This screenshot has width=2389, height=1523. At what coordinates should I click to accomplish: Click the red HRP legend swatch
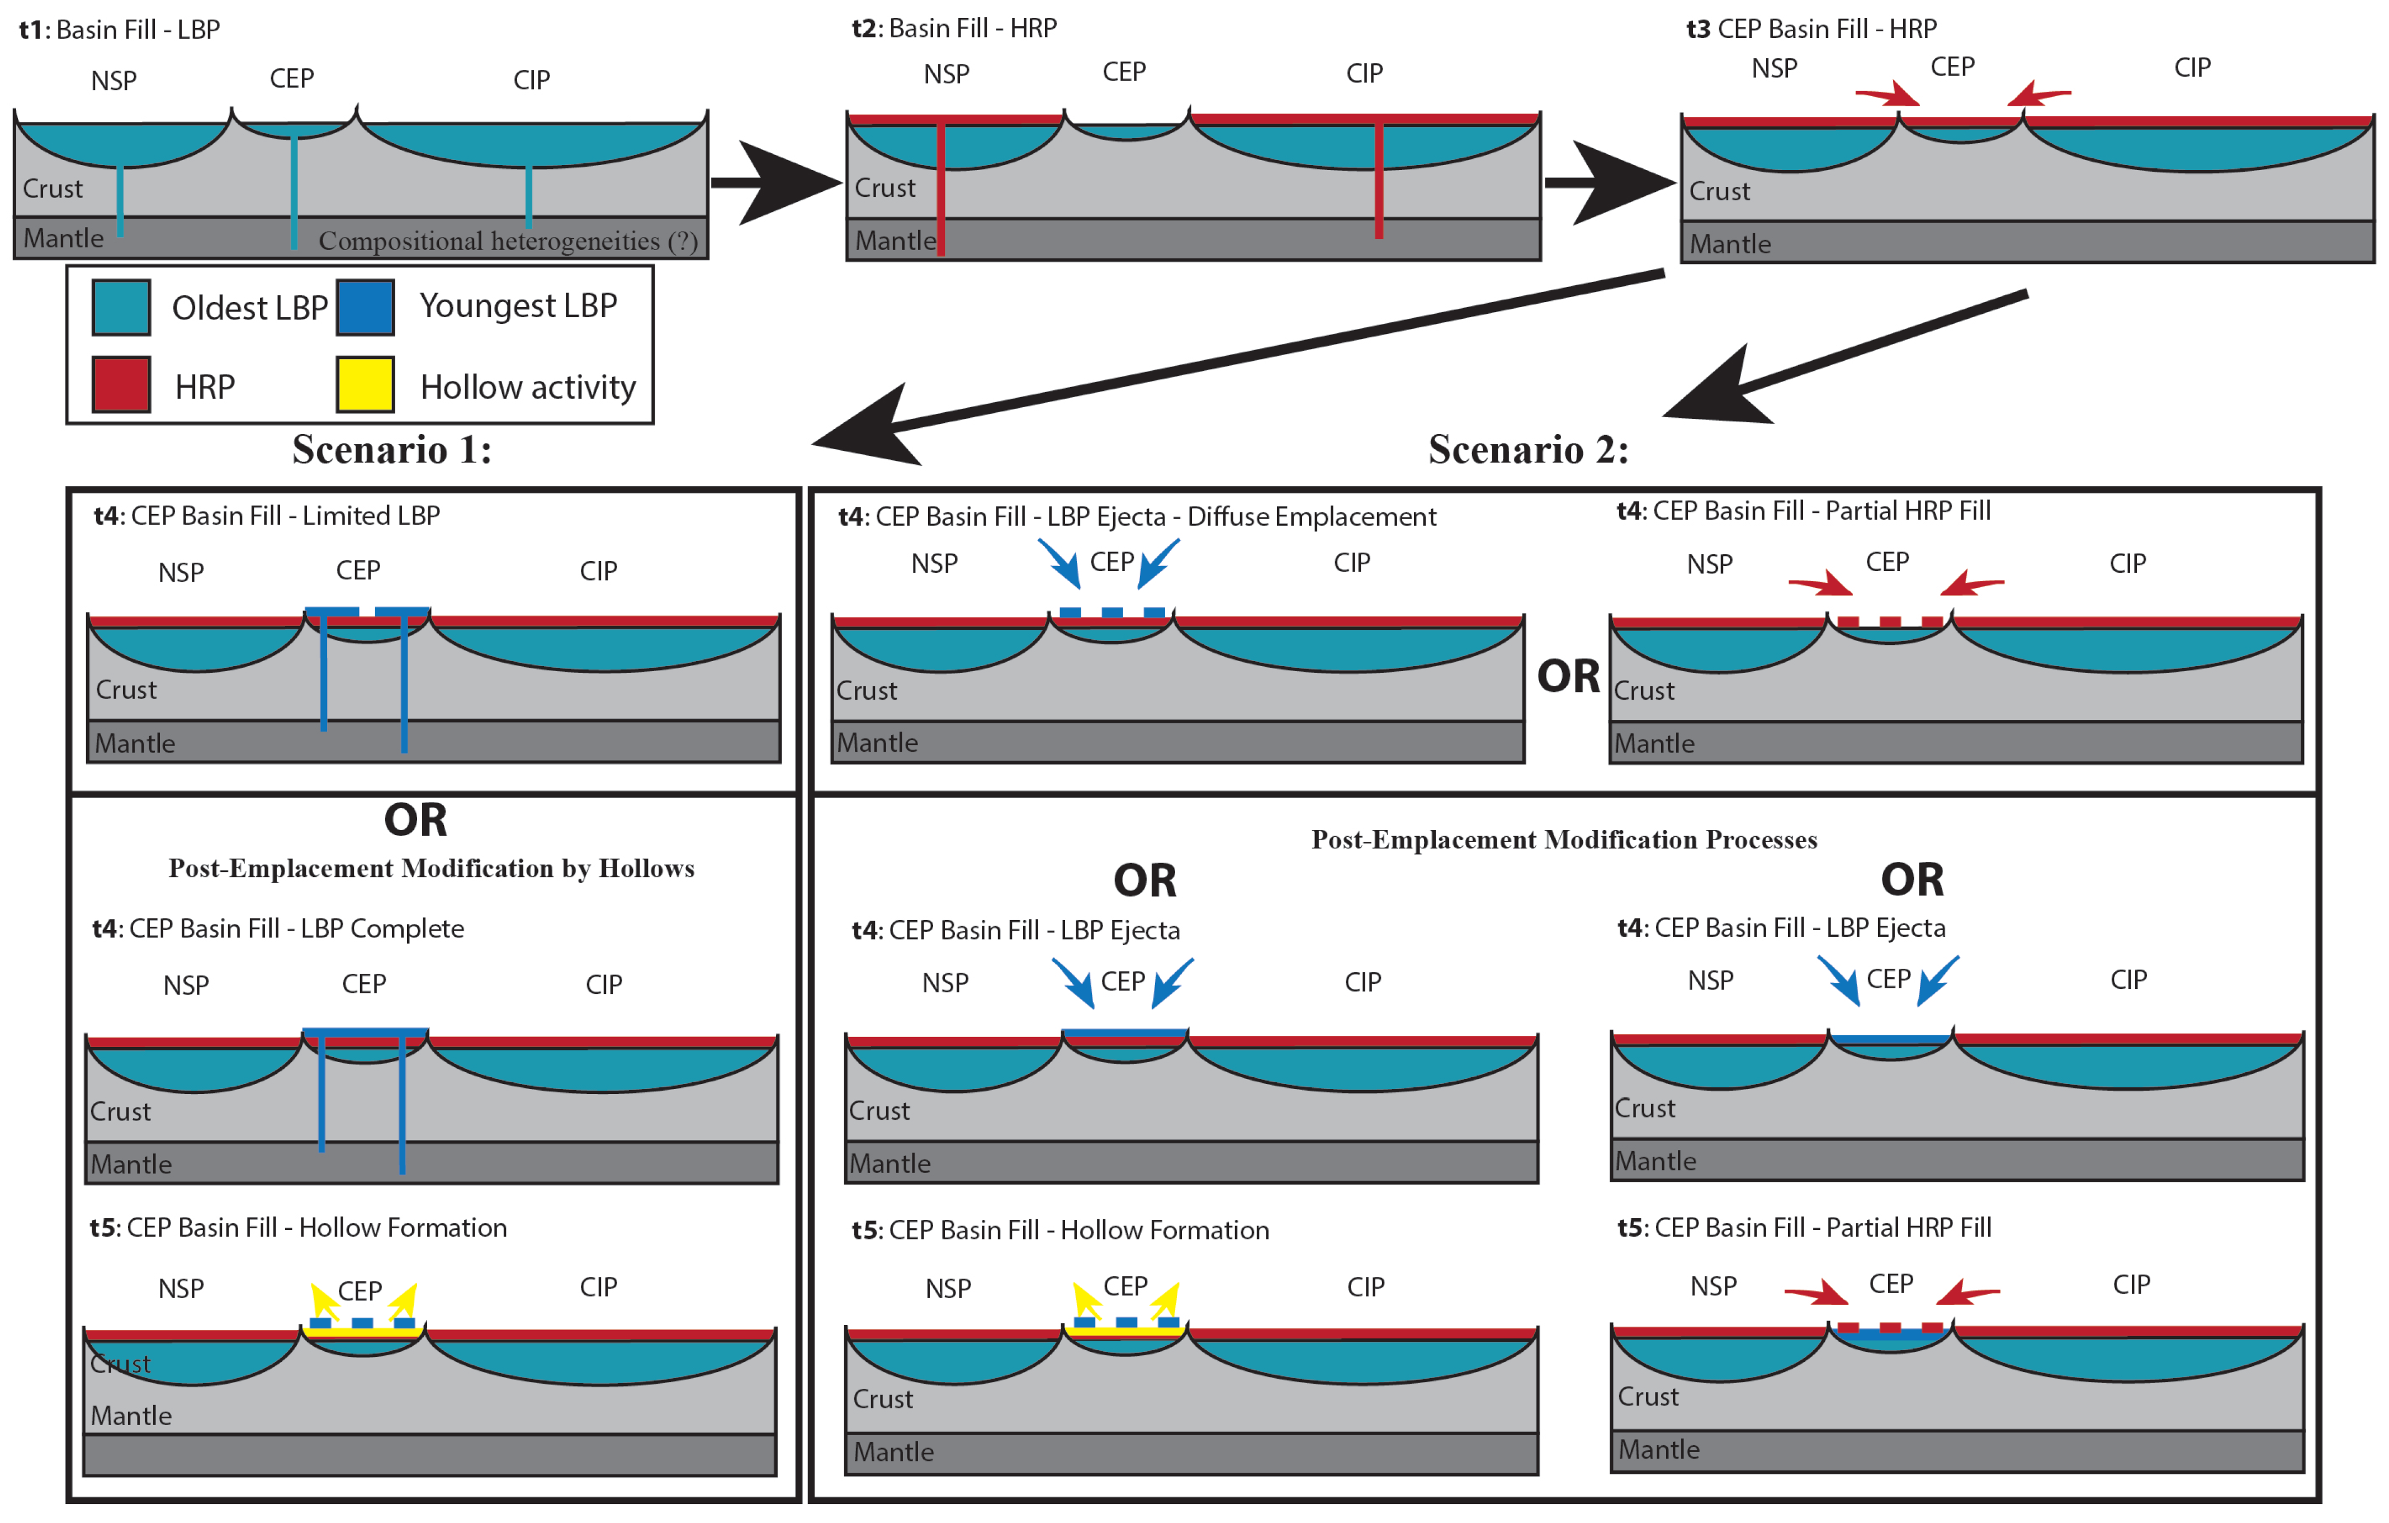coord(121,384)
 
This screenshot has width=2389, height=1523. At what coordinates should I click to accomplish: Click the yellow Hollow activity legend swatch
coord(365,384)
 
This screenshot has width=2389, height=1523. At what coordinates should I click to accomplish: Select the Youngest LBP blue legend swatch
coord(365,307)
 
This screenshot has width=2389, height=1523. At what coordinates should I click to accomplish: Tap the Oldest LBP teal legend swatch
coord(121,307)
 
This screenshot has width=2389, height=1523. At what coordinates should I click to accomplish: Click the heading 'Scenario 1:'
coord(392,450)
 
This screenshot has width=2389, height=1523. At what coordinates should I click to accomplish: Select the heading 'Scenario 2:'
coord(1528,450)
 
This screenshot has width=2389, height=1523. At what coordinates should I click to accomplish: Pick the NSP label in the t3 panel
coord(1774,68)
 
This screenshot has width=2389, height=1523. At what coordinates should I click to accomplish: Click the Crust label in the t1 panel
coord(53,188)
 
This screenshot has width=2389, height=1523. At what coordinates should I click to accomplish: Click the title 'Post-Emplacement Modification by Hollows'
coord(432,868)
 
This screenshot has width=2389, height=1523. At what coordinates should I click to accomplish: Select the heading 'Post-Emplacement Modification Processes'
coord(1564,840)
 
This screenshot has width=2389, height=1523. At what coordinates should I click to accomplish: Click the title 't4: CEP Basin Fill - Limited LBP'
coord(267,516)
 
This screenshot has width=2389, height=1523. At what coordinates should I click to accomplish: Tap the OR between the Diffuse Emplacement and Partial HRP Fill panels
coord(1568,677)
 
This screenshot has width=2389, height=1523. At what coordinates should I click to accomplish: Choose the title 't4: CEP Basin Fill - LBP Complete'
coord(278,928)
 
